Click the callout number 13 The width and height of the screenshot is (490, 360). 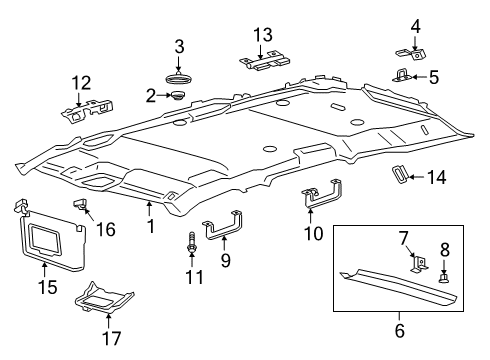pos(262,36)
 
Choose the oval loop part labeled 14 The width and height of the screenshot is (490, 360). pos(400,175)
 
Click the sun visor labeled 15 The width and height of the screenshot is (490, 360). pos(46,238)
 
